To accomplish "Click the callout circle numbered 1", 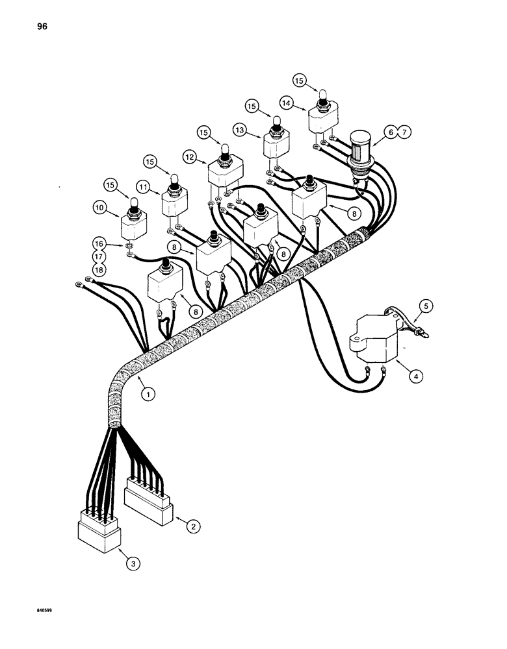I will click(150, 392).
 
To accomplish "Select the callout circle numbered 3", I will click(132, 565).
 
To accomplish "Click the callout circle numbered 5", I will click(425, 304).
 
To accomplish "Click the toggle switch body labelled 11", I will click(174, 206).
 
